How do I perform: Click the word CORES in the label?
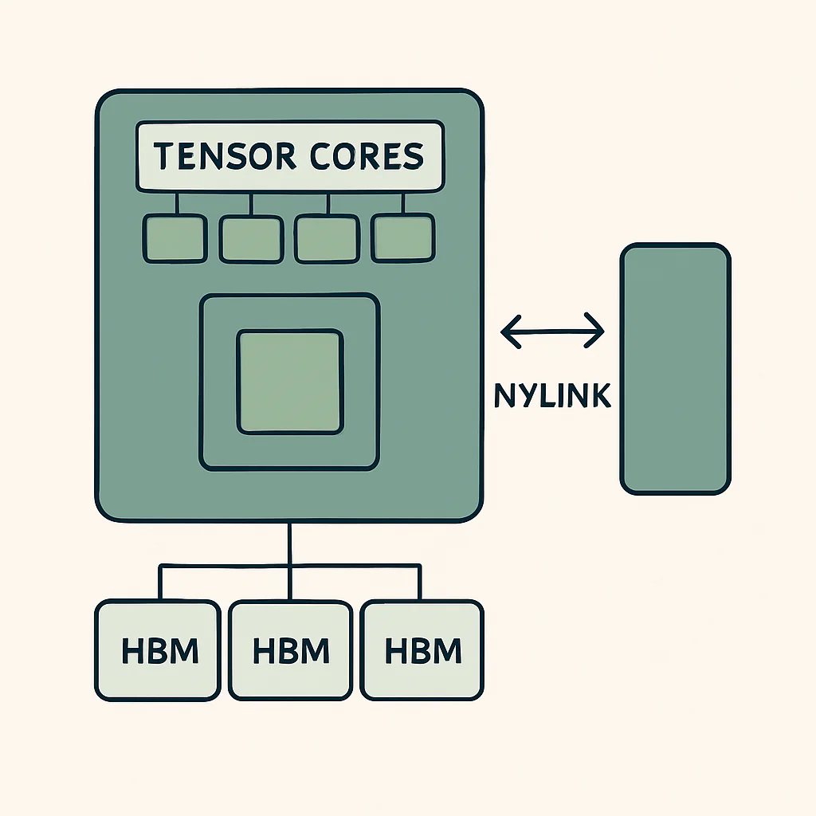pos(367,155)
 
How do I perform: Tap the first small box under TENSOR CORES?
pos(175,238)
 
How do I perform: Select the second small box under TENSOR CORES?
pos(251,239)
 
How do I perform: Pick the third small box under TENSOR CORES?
pos(328,239)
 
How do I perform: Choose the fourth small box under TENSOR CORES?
pos(402,237)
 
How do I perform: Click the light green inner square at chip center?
pos(290,382)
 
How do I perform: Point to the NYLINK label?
pos(552,395)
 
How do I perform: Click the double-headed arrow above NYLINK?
pos(552,331)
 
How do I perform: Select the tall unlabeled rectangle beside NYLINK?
pos(676,368)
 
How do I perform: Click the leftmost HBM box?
pos(158,650)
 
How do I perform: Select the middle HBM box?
pos(290,650)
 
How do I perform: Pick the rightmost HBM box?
pos(422,650)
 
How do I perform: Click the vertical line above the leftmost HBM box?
pos(160,583)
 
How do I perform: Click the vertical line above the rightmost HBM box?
pos(419,583)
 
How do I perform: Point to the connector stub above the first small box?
pos(177,203)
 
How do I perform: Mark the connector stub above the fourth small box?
pos(403,203)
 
